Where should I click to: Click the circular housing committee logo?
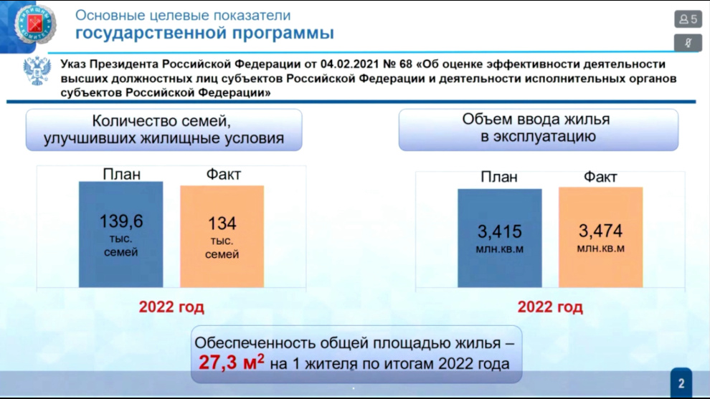pos(35,24)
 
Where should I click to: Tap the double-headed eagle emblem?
pos(37,71)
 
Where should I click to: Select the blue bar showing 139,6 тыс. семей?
pos(121,234)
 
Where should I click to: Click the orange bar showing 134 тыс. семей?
pos(222,236)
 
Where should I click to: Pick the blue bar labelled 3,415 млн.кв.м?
pos(499,238)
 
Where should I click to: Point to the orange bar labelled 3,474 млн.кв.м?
pos(600,237)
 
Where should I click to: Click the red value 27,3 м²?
pos(232,362)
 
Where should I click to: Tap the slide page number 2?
pos(681,384)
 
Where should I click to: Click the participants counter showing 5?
pos(688,19)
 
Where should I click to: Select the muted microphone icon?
pos(688,43)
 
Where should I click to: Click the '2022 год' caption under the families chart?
pos(171,307)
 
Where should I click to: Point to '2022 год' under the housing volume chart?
pos(549,307)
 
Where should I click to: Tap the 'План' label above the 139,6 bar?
pos(121,174)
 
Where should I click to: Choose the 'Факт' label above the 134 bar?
pos(223,174)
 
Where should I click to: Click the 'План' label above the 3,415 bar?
pos(499,177)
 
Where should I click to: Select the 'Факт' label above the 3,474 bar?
pos(600,177)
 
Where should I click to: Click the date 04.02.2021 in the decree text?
pos(349,64)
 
